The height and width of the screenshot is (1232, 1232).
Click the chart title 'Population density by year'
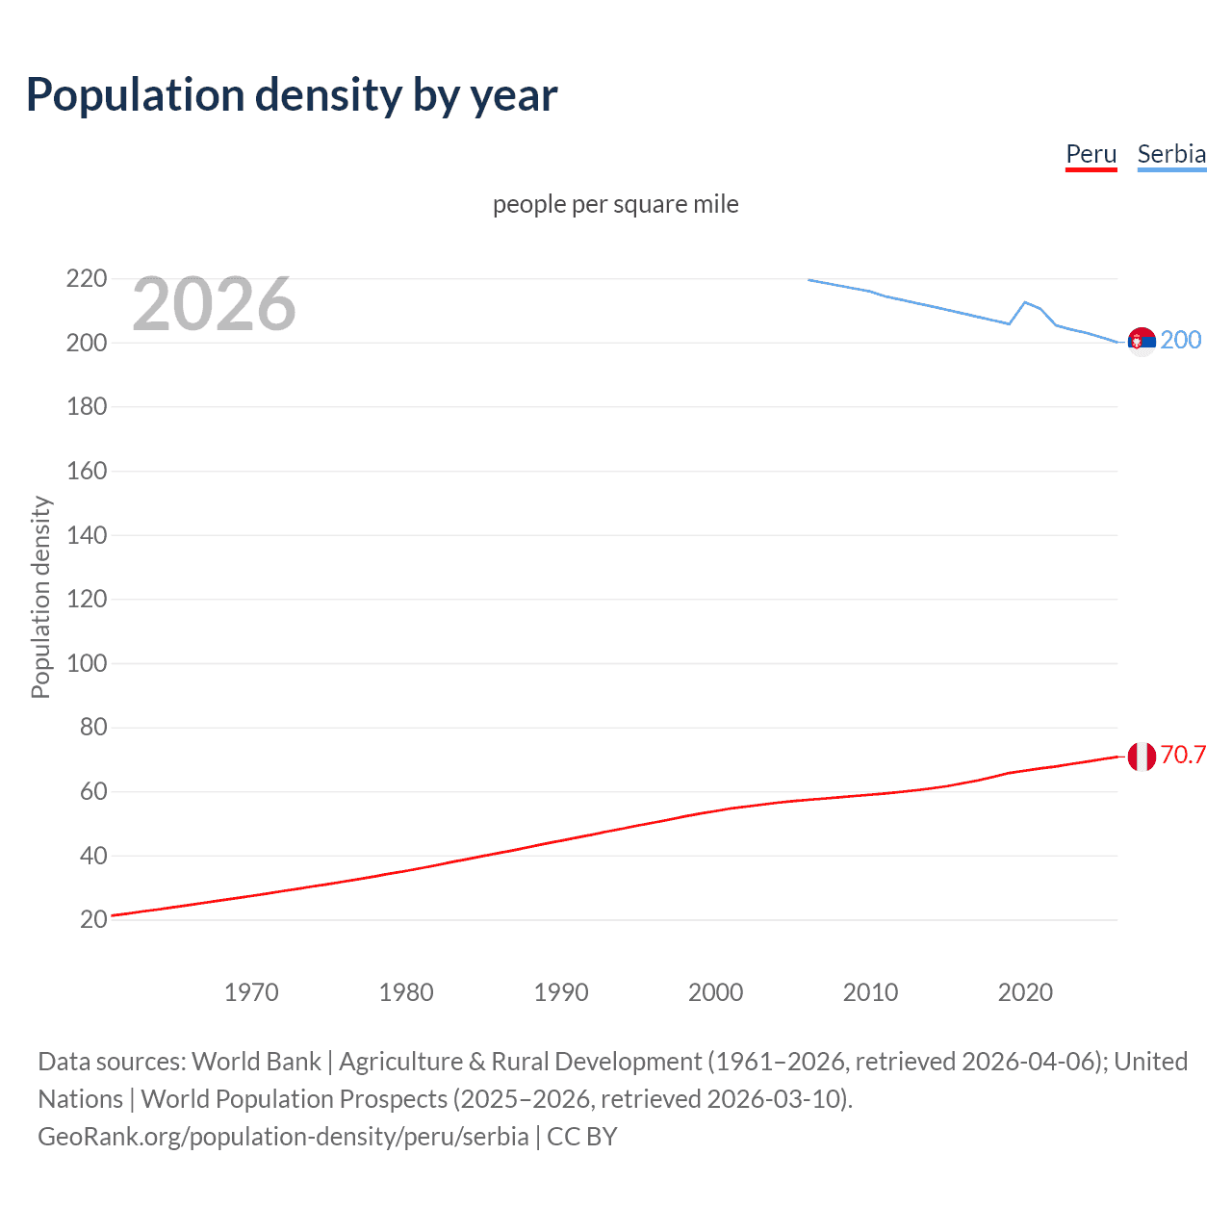pos(292,95)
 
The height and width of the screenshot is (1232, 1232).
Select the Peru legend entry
pos(1091,154)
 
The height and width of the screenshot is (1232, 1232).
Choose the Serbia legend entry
pos(1171,154)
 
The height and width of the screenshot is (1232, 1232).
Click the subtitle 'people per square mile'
pos(615,205)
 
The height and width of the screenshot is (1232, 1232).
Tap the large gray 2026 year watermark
pos(214,304)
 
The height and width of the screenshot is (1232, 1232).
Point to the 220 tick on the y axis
pos(87,279)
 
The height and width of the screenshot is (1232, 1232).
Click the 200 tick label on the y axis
pos(87,343)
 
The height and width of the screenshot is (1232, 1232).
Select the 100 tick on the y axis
pos(87,663)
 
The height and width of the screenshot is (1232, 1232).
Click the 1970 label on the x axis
pos(251,992)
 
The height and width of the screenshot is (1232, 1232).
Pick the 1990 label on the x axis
pos(561,992)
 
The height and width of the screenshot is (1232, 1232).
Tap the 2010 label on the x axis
pos(870,992)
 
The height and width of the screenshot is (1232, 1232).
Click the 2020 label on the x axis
pos(1025,992)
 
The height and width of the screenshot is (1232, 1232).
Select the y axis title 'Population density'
pos(40,597)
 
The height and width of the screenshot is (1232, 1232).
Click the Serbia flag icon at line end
pos(1142,341)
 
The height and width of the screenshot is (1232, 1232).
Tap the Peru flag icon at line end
pos(1142,757)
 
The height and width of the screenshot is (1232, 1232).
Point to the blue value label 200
pos(1181,340)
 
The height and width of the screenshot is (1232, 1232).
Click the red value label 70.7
pos(1183,755)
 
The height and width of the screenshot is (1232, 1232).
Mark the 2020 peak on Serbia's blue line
pos(1025,302)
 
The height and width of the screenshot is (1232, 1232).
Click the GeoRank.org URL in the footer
pos(283,1137)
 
